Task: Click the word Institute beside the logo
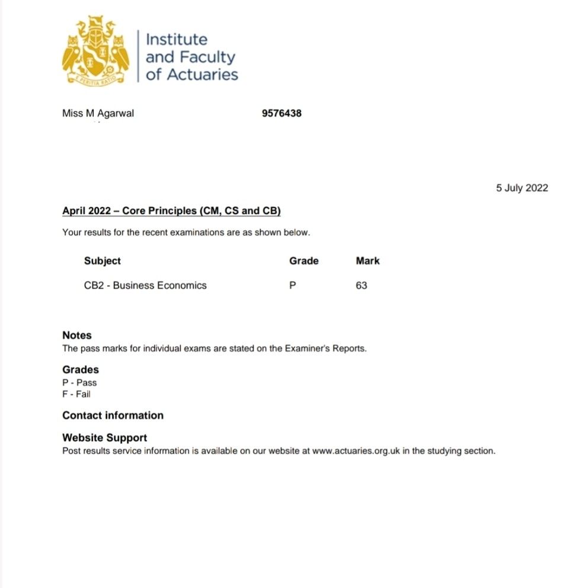(x=177, y=40)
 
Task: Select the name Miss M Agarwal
(x=98, y=113)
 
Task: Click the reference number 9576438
(x=282, y=113)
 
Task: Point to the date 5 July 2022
(x=522, y=188)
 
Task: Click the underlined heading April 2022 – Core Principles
(x=171, y=211)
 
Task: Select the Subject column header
(x=102, y=261)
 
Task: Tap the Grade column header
(x=303, y=261)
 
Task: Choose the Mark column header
(x=367, y=261)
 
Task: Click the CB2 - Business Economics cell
(x=145, y=285)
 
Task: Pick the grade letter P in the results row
(x=292, y=285)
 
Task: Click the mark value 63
(x=362, y=285)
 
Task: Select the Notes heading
(x=77, y=335)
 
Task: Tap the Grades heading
(x=81, y=370)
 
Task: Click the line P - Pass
(x=79, y=383)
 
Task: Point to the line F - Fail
(x=76, y=394)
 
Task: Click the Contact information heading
(x=113, y=416)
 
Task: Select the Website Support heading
(x=105, y=438)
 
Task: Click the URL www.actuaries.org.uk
(x=356, y=451)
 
